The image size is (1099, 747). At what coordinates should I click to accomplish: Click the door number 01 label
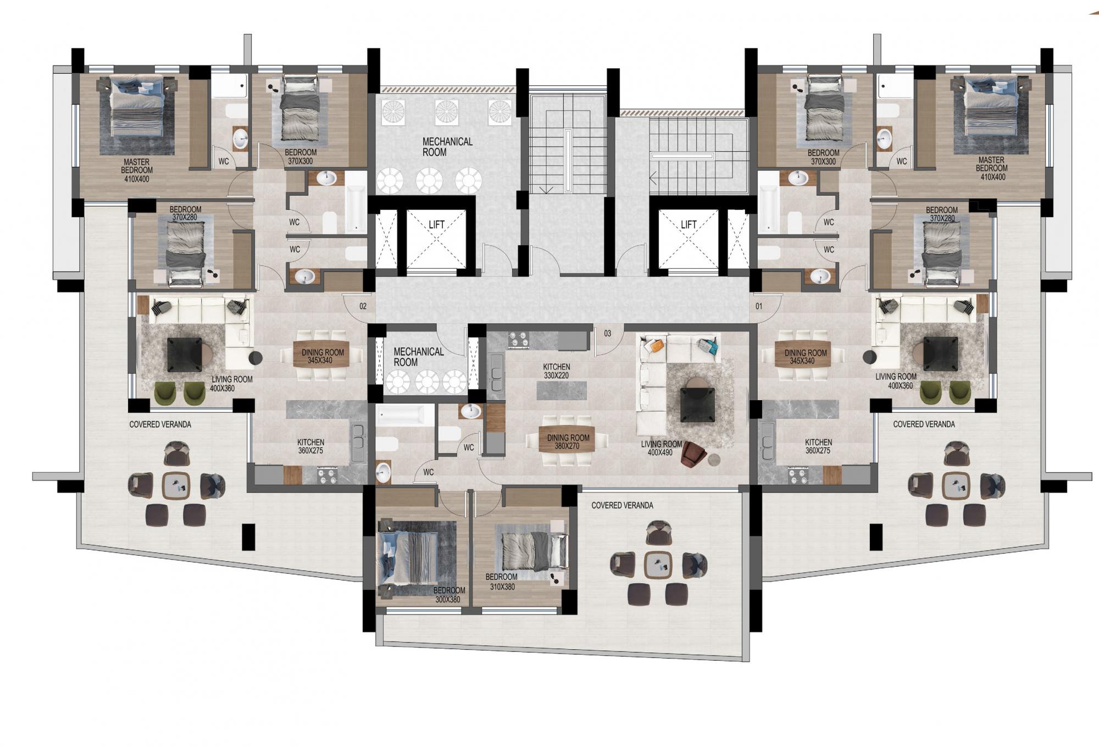point(759,306)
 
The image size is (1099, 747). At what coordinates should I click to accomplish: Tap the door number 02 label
point(363,306)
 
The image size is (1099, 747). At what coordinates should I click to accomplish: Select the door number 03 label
point(607,333)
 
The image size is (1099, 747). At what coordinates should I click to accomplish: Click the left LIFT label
point(436,224)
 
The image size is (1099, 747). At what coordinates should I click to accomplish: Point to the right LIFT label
point(689,224)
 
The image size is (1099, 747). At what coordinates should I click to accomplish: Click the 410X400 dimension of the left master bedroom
point(136,179)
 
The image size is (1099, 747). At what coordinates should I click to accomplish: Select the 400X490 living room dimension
point(660,452)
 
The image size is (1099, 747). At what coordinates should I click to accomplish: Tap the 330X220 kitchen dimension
point(556,375)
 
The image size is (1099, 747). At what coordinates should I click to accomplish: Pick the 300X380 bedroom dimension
point(447,599)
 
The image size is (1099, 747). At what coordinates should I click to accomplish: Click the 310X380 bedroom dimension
point(502,586)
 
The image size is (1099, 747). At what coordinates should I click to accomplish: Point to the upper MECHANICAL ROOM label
point(447,147)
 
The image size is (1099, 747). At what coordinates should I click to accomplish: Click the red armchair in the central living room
point(693,455)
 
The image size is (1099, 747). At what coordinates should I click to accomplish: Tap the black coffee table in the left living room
point(185,355)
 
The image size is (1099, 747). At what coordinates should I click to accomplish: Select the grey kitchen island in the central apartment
point(561,391)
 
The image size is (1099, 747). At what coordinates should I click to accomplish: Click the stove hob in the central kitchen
point(519,340)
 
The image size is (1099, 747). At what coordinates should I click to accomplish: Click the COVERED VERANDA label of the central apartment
point(622,505)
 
